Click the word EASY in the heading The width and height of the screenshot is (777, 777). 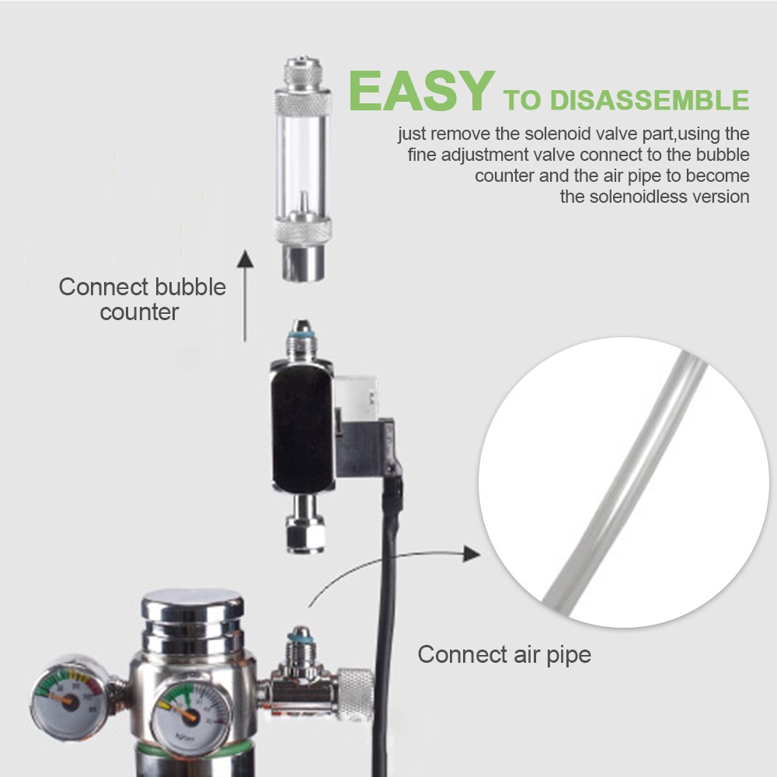coord(420,92)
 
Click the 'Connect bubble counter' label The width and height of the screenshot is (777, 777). coord(142,299)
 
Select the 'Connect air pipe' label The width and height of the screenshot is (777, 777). coord(504,654)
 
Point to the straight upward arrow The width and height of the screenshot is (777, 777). coord(246,295)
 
